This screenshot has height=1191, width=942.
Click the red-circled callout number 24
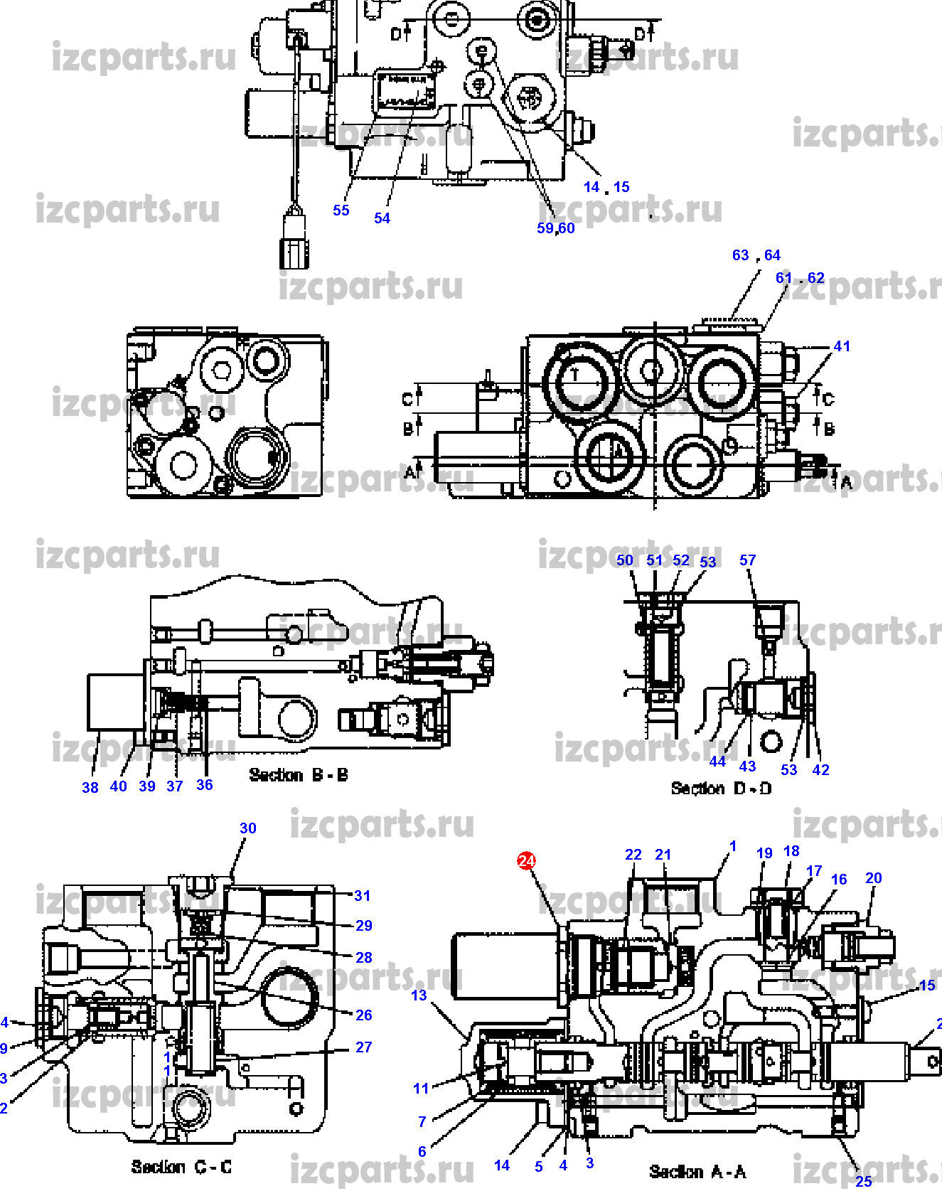tap(526, 861)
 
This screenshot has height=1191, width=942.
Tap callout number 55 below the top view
tap(341, 210)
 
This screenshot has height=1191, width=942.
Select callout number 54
tap(382, 218)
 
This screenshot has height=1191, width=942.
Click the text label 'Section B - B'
tap(299, 775)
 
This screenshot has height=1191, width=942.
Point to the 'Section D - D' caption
tap(721, 789)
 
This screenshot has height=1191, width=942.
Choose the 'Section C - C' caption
tap(181, 1167)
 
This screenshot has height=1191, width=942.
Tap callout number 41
tap(842, 346)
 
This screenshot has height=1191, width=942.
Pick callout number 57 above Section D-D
tap(747, 560)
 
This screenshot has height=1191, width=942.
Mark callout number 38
tap(90, 787)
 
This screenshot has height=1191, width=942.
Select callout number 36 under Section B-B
tap(205, 785)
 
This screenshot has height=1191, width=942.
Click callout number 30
tap(247, 828)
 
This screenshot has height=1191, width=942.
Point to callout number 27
tap(363, 1047)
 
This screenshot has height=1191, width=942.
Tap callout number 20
tap(874, 878)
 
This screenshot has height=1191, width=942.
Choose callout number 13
tap(419, 995)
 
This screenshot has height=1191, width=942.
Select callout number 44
tap(718, 762)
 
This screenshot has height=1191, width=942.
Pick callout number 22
tap(633, 855)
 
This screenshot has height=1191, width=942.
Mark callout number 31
tap(363, 896)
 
